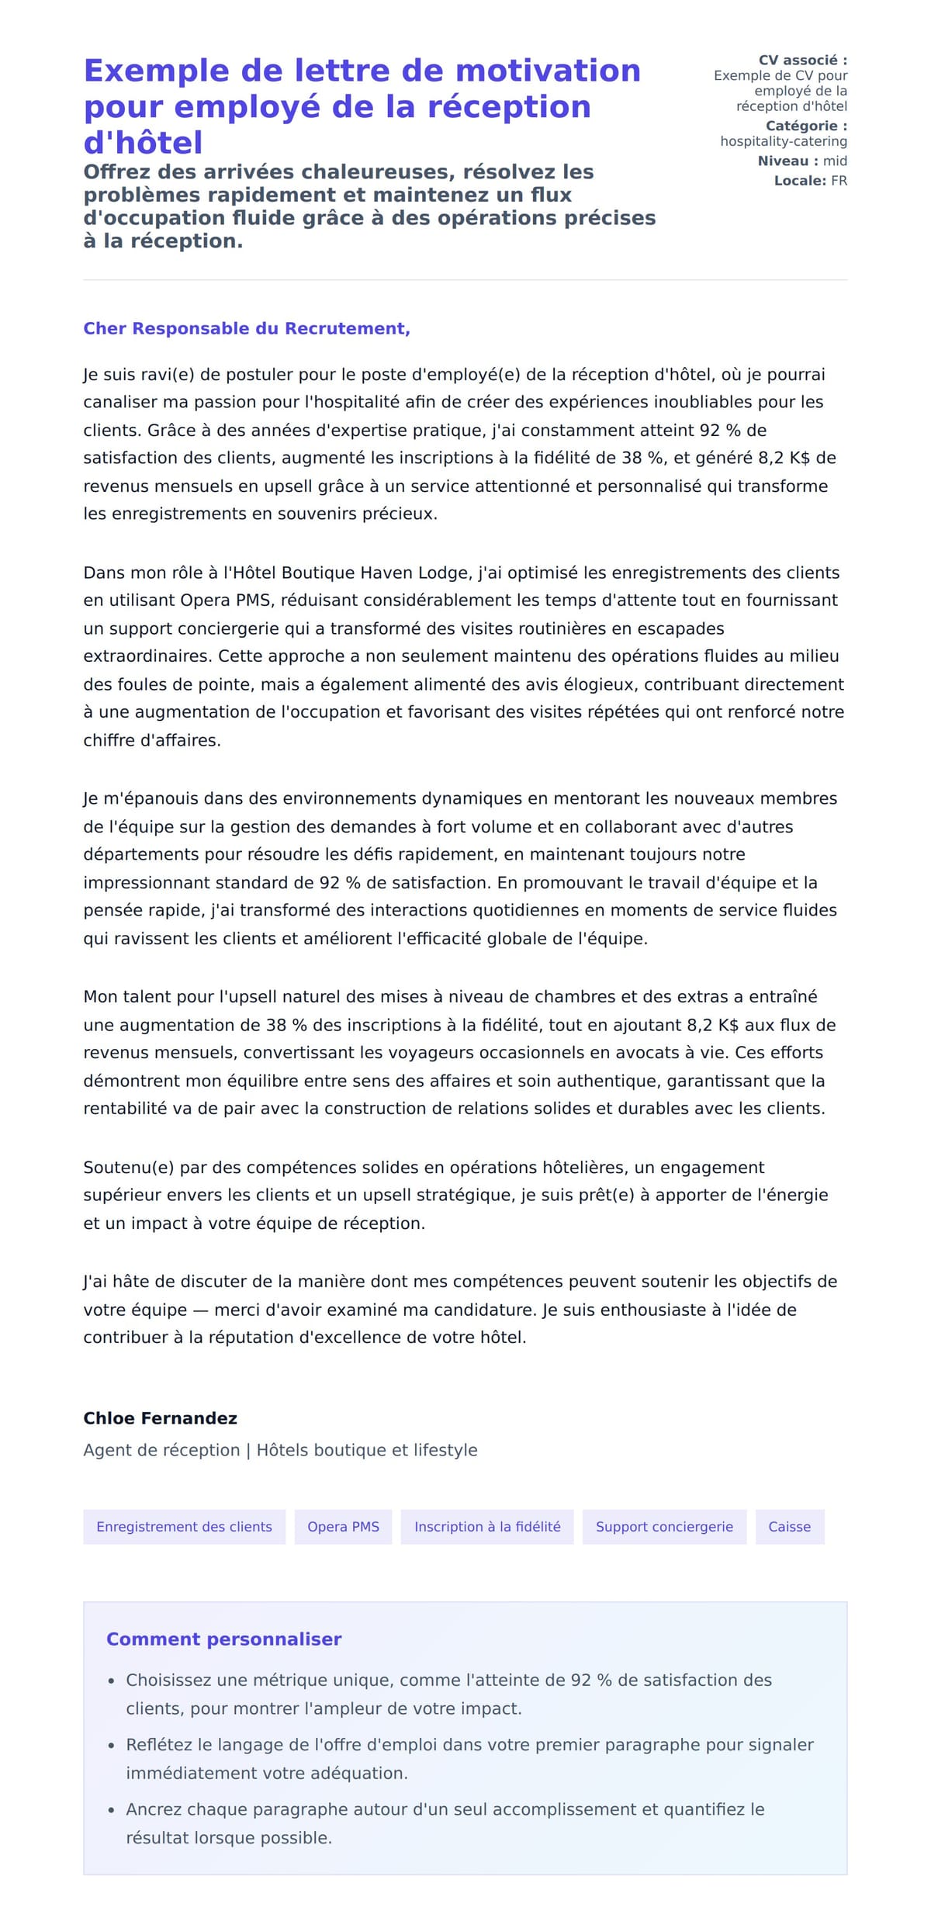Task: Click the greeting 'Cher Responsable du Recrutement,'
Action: tap(247, 328)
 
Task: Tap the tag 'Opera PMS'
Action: tap(343, 1526)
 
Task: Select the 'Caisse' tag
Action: tap(789, 1526)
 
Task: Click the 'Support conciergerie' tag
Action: tap(664, 1526)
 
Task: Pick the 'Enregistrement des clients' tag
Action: tap(184, 1526)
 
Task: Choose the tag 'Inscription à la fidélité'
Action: tap(487, 1526)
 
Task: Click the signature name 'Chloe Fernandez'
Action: tap(160, 1418)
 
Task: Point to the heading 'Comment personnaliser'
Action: tap(223, 1639)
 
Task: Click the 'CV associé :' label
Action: tap(802, 60)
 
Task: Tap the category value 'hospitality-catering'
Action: tap(784, 141)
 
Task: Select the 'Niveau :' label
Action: tap(787, 161)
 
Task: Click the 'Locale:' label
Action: tap(800, 181)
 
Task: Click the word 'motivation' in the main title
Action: tap(548, 71)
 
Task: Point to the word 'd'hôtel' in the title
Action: tap(143, 143)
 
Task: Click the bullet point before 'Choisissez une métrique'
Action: tap(111, 1681)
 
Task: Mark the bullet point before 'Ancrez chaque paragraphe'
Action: tap(111, 1810)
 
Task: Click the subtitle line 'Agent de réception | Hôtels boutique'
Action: tap(280, 1450)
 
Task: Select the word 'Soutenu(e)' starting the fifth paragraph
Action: tap(123, 1167)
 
